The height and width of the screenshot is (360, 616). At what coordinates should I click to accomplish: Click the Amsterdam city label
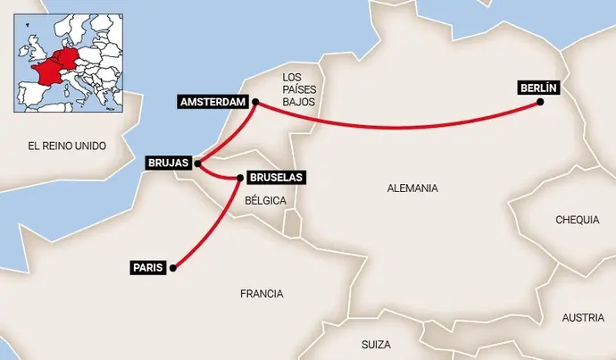[212, 102]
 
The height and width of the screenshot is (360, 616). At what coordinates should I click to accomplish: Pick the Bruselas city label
[277, 178]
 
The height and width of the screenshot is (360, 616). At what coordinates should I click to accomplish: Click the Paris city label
[147, 267]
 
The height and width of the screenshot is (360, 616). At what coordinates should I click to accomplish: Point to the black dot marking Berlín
[541, 103]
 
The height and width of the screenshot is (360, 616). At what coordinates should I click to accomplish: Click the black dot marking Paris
[173, 267]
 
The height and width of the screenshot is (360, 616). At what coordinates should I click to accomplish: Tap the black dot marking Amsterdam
[254, 103]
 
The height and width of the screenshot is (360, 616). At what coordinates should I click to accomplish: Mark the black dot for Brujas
[196, 164]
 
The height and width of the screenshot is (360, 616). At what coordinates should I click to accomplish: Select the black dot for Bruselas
[240, 179]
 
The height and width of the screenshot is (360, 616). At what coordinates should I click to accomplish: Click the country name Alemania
[413, 188]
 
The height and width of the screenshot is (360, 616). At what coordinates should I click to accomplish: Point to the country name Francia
[262, 293]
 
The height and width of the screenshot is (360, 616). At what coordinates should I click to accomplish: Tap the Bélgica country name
[265, 201]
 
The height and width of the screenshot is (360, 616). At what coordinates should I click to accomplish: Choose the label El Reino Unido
[67, 145]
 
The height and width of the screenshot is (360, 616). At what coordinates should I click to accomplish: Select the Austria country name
[583, 318]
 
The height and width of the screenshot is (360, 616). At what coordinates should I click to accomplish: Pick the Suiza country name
[377, 344]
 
